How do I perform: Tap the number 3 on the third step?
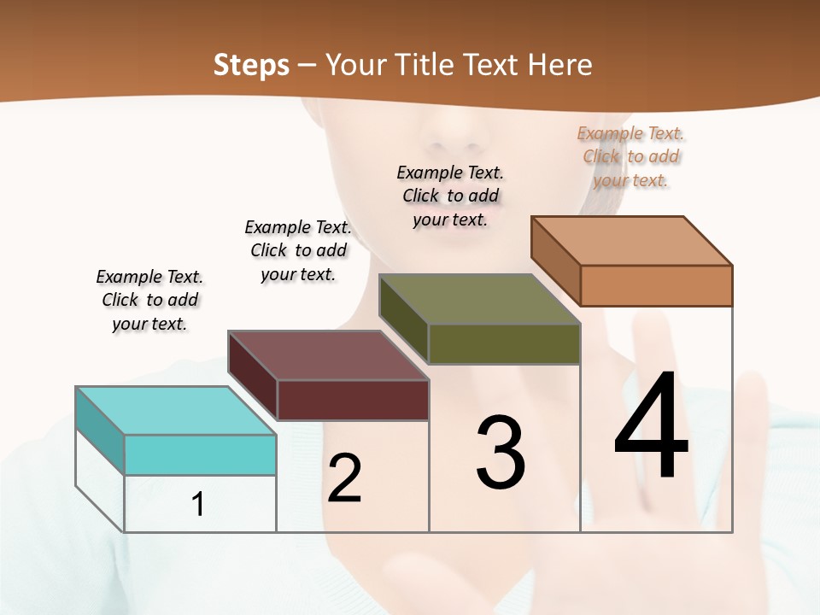pyautogui.click(x=501, y=452)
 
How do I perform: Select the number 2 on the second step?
pyautogui.click(x=345, y=477)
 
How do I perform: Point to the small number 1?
pyautogui.click(x=198, y=505)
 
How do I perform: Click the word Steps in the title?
pyautogui.click(x=251, y=65)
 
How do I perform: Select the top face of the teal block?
pyautogui.click(x=175, y=411)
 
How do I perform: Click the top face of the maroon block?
pyautogui.click(x=327, y=355)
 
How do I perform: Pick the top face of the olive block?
pyautogui.click(x=479, y=299)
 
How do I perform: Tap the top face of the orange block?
pyautogui.click(x=631, y=241)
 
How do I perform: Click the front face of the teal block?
pyautogui.click(x=200, y=454)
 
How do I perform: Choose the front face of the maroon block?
pyautogui.click(x=353, y=400)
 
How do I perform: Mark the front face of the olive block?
pyautogui.click(x=504, y=343)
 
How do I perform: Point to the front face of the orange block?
pyautogui.click(x=656, y=285)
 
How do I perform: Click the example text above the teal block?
pyautogui.click(x=149, y=301)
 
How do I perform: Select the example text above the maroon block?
pyautogui.click(x=298, y=250)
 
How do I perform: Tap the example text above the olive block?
pyautogui.click(x=450, y=196)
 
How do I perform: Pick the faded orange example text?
pyautogui.click(x=631, y=156)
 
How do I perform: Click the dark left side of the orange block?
pyautogui.click(x=555, y=260)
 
